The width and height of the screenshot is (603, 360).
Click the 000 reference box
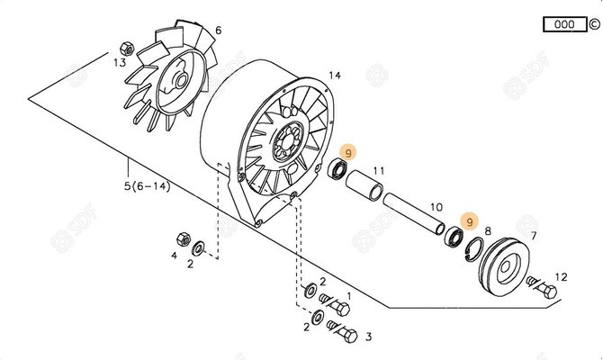coord(564,24)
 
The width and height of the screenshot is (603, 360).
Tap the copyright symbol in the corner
coord(594,24)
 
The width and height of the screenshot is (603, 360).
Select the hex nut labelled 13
coord(127,49)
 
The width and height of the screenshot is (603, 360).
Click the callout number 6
coord(219,30)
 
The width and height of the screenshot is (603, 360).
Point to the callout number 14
coord(335,75)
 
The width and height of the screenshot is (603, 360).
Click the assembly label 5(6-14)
coord(147,186)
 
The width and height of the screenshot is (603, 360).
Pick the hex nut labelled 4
coord(184,239)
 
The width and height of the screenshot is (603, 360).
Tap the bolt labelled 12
coord(542,286)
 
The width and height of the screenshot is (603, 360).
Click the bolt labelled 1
coord(334,303)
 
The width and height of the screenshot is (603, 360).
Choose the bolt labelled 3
coord(342,331)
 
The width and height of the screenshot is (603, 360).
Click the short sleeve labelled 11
coord(364,185)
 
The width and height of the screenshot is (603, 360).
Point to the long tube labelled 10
coord(414,213)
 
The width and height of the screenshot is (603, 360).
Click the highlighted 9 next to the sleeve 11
coord(348,153)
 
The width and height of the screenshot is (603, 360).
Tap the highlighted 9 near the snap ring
coord(469,222)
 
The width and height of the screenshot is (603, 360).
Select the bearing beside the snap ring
coord(454,237)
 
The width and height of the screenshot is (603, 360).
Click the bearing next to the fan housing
coord(337,169)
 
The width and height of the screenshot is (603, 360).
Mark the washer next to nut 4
coord(198,248)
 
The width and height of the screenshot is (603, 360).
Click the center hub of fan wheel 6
coord(180,80)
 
